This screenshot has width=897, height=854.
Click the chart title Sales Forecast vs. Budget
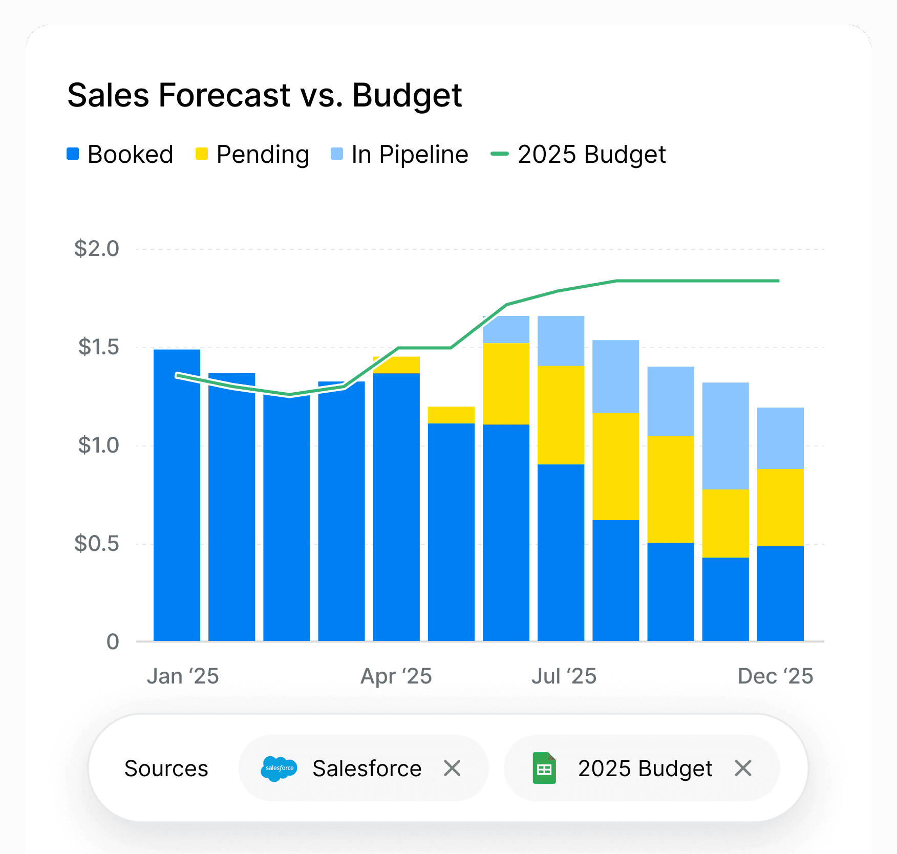point(264,95)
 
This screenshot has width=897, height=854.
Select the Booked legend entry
point(120,154)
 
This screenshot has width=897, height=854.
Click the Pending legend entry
point(252,154)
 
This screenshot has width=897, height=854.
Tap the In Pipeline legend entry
point(399,154)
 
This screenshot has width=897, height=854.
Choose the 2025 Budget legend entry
point(579,154)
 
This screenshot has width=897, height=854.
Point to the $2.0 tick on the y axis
point(97,249)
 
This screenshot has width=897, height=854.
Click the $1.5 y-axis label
point(98,347)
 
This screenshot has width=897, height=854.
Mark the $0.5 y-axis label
point(97,544)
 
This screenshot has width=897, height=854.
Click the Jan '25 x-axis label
point(183,676)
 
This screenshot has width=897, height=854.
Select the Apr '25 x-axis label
point(396,676)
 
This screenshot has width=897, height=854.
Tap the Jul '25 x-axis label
point(564,676)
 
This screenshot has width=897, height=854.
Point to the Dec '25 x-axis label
point(775,676)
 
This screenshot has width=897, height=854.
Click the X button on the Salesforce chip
point(452,768)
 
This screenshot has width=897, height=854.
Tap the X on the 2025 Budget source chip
point(743,768)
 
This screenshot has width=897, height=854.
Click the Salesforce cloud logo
point(279,768)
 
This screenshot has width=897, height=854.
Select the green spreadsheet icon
point(544,768)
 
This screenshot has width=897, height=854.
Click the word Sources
point(166,768)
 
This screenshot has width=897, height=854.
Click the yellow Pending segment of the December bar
point(780,507)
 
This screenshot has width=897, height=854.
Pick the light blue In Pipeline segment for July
point(561,340)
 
